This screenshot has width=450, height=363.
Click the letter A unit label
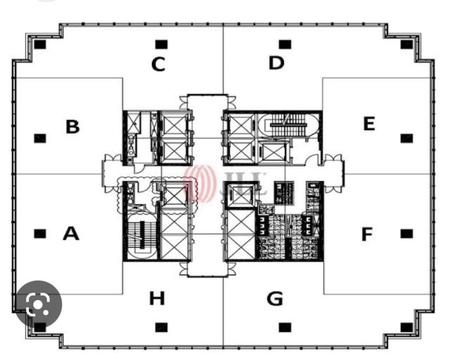pos(71,233)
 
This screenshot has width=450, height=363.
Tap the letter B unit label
pos(73,127)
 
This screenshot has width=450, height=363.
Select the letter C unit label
pos(158,64)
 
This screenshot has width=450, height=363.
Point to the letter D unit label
pos(276,63)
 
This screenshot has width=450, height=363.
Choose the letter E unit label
pos(369,124)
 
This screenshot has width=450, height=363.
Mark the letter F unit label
pos(367,234)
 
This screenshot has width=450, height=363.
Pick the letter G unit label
pos(275,298)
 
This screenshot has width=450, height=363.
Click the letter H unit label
pos(157,298)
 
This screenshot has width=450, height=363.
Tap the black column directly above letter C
pos(161,44)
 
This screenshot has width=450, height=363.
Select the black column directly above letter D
pos(285,44)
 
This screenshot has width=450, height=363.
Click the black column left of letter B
pos(40,138)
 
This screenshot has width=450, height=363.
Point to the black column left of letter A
pos(40,233)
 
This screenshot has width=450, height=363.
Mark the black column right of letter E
pos(407,138)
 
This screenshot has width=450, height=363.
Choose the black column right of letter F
pos(407,234)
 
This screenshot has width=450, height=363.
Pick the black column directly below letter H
pos(161,327)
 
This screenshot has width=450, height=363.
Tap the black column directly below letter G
pos(285,327)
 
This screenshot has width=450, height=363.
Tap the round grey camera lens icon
pos(39,304)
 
